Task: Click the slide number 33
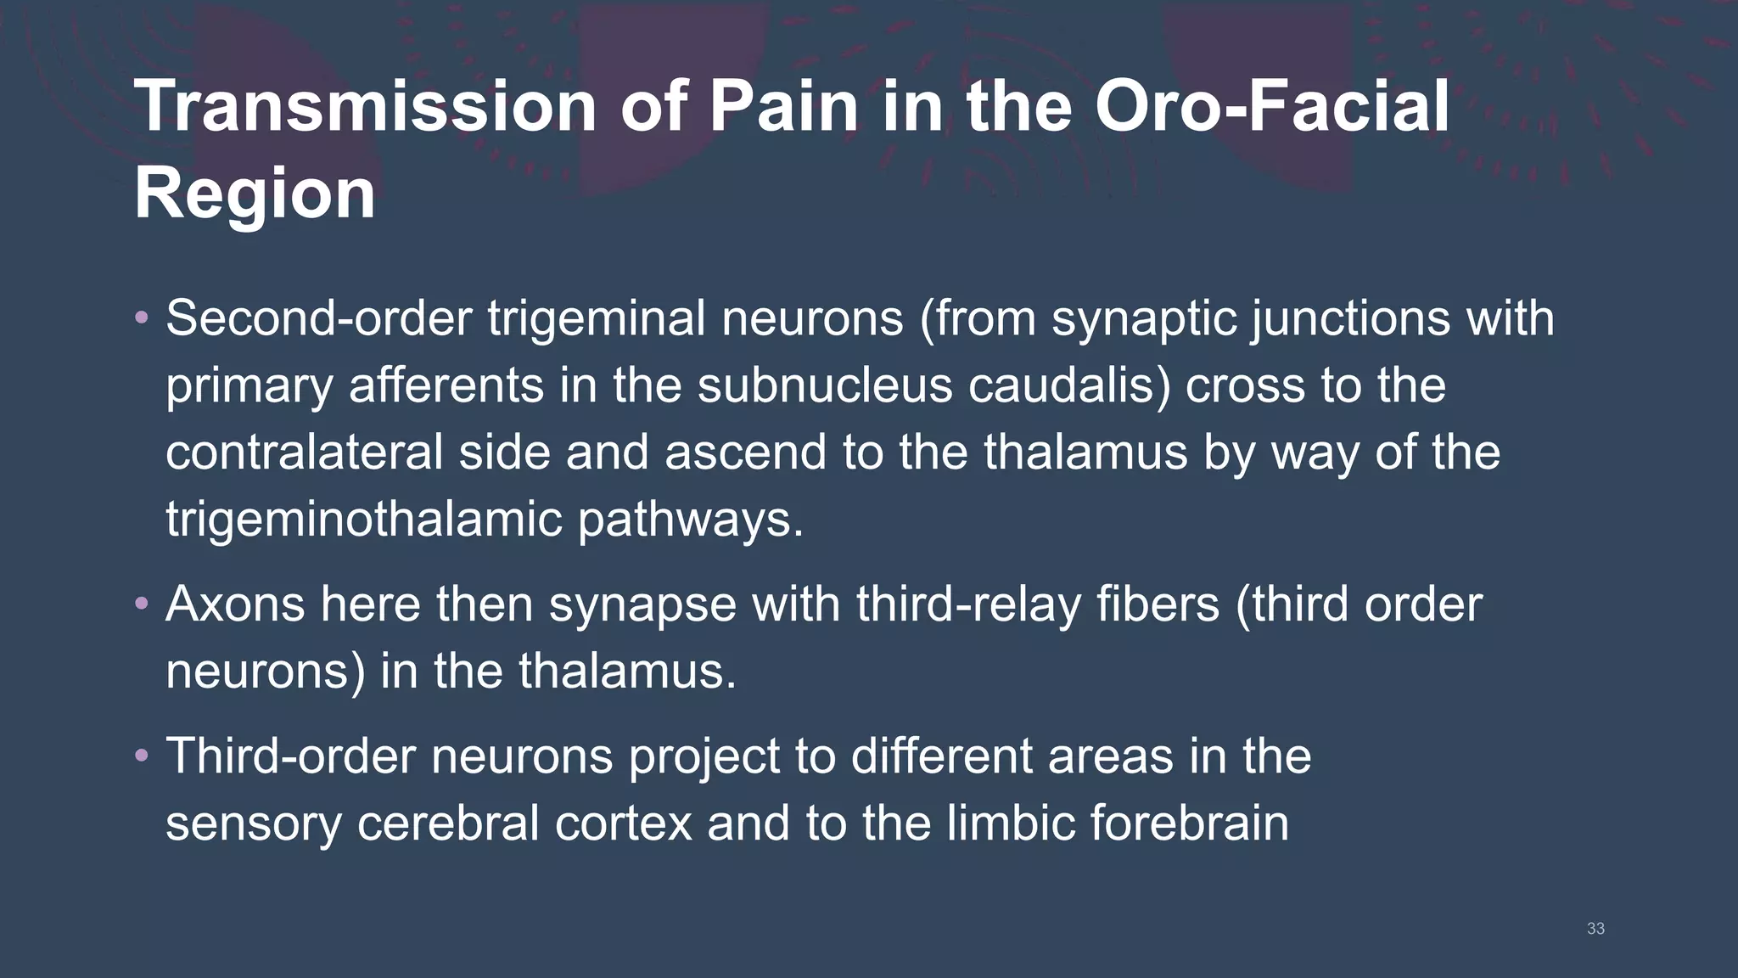tap(1595, 929)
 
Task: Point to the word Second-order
tap(318, 319)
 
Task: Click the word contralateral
tap(304, 452)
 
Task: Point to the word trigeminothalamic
tap(363, 519)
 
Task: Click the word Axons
tap(235, 604)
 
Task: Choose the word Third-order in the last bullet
tap(290, 756)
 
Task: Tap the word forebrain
tap(1190, 823)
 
